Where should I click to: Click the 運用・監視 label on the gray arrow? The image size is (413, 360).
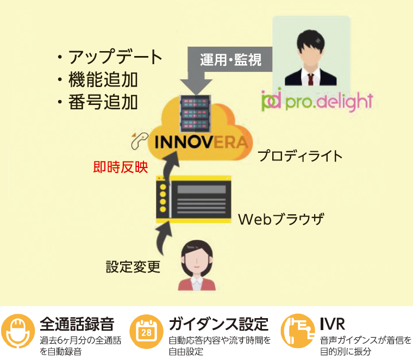[230, 60]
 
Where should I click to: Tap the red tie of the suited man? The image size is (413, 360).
[311, 79]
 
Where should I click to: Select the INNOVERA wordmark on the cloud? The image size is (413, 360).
[201, 142]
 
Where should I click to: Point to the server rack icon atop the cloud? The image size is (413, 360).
[195, 114]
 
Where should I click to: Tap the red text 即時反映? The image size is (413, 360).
[121, 167]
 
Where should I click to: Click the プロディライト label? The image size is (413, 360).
[300, 156]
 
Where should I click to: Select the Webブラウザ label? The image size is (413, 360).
[281, 219]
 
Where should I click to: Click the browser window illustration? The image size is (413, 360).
[194, 198]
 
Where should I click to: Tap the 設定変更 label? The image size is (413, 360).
[133, 266]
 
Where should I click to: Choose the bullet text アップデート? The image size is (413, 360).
[115, 57]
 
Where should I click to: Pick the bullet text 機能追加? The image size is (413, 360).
[103, 79]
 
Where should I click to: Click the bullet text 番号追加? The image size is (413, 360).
[103, 102]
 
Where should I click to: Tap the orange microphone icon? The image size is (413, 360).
[18, 331]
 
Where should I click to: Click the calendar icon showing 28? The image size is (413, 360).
[146, 331]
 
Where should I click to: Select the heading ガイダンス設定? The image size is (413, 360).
[218, 324]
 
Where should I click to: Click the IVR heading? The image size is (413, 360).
[333, 324]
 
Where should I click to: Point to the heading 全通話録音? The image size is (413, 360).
[77, 324]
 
